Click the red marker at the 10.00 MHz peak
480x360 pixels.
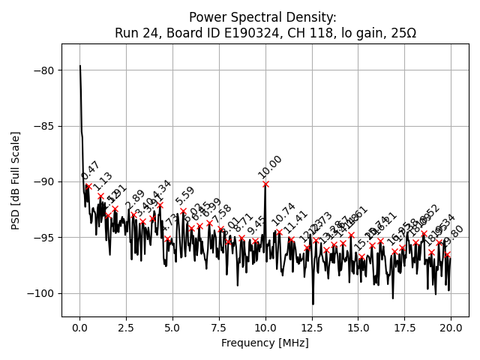[x=265, y=184]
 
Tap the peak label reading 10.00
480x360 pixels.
[x=270, y=166]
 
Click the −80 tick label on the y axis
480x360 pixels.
[x=43, y=70]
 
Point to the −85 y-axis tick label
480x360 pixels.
[x=43, y=126]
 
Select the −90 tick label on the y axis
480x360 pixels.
[x=43, y=181]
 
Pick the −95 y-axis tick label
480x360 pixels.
[x=43, y=237]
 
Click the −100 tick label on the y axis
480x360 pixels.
[x=40, y=293]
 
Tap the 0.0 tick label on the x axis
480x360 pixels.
[x=79, y=328]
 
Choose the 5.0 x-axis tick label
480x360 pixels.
[x=172, y=328]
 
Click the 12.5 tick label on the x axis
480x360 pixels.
[x=312, y=328]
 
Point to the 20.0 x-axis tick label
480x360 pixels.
[x=451, y=328]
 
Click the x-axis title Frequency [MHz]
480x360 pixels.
[x=265, y=343]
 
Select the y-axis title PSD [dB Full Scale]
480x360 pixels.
[x=16, y=180]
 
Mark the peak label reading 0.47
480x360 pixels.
[x=91, y=171]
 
